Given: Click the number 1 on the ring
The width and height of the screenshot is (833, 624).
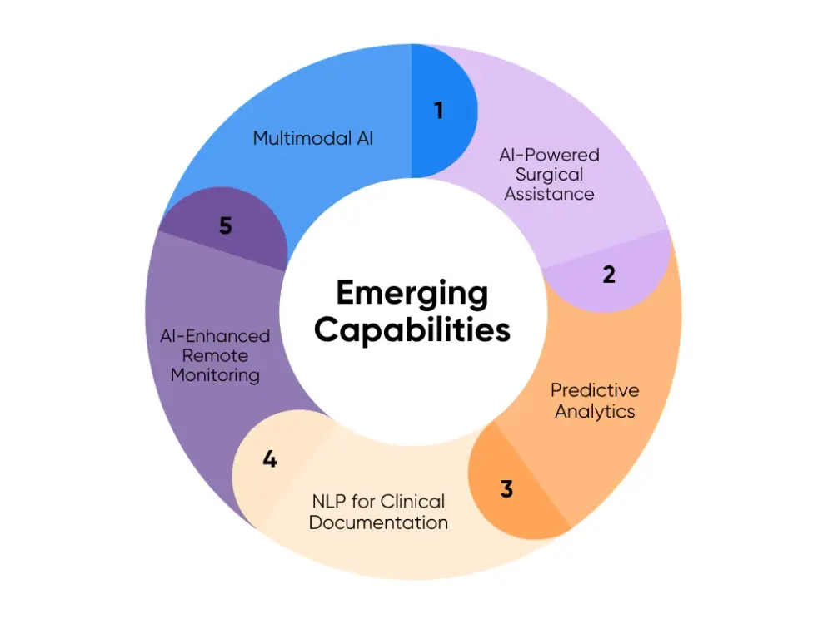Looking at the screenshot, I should click(x=439, y=110).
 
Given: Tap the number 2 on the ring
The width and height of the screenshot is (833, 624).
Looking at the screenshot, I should click(x=609, y=274).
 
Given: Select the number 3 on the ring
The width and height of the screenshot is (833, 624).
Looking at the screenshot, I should click(x=506, y=488).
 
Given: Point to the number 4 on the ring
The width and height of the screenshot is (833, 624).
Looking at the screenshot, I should click(x=269, y=458).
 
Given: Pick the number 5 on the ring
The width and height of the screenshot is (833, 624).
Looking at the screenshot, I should click(x=226, y=225).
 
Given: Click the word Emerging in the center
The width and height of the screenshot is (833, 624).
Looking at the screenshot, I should click(x=412, y=293).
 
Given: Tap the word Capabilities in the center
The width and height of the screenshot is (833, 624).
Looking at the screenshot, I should click(x=412, y=329).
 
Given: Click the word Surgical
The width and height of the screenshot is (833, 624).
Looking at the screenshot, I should click(x=549, y=174).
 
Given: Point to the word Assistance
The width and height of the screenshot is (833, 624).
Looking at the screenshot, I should click(x=549, y=193).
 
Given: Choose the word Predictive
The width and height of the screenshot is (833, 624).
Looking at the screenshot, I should click(x=595, y=390).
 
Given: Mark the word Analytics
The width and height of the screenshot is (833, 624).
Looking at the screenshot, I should click(x=595, y=410).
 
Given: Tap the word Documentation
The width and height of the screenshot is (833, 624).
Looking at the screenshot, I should click(x=378, y=522).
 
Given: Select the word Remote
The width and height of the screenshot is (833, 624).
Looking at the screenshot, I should click(x=215, y=355).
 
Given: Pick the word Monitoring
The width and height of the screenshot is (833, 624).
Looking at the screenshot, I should click(x=215, y=374).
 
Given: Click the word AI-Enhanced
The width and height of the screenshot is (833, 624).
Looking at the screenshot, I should click(x=215, y=336).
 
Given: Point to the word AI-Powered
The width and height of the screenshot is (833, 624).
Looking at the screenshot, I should click(x=549, y=155).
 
